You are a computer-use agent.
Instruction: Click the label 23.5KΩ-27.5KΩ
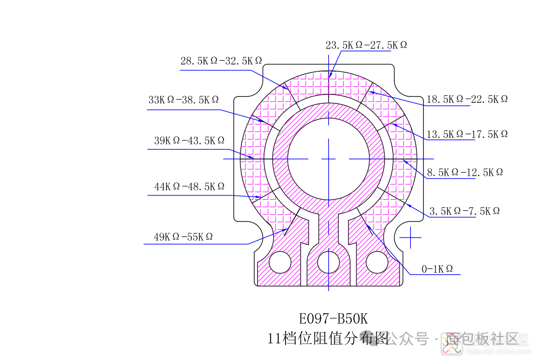click(366, 45)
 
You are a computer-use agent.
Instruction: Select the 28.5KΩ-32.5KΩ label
click(221, 61)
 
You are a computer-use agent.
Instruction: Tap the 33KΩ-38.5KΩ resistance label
click(183, 100)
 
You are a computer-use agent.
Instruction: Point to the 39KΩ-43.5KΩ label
click(189, 141)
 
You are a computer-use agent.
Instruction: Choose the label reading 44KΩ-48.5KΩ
click(189, 187)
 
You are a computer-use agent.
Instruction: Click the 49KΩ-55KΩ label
click(183, 237)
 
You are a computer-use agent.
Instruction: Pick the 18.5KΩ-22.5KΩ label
click(467, 99)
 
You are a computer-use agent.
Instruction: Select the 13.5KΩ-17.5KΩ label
click(467, 134)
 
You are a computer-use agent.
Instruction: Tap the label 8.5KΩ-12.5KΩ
click(465, 172)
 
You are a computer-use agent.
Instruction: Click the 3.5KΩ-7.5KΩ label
click(465, 211)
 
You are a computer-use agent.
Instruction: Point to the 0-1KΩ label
click(437, 269)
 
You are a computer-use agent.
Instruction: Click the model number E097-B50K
click(334, 319)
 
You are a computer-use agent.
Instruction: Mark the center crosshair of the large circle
click(328, 159)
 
